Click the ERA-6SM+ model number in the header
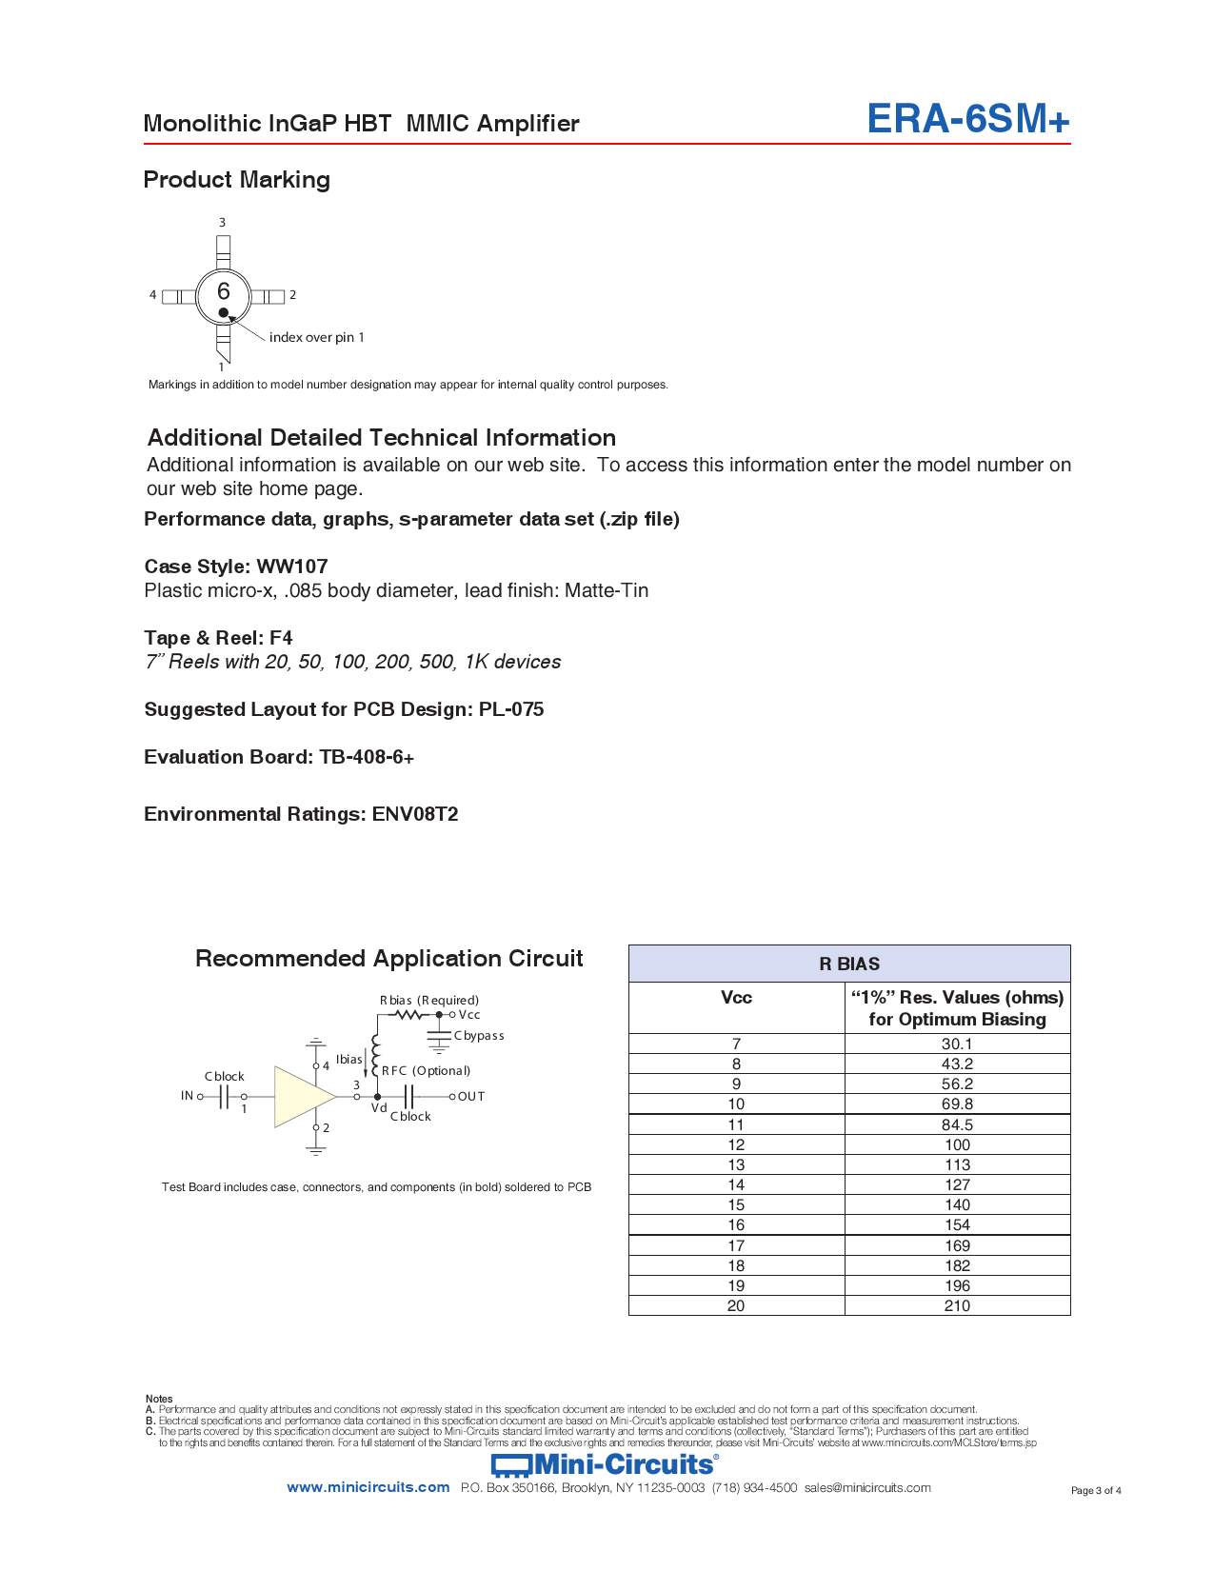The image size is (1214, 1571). click(x=967, y=119)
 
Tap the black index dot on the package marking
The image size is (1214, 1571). click(x=224, y=312)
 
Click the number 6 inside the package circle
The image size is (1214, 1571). click(x=224, y=291)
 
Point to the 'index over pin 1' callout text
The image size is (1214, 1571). click(x=316, y=337)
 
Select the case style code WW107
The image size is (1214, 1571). click(x=291, y=567)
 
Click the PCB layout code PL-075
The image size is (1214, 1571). click(x=511, y=709)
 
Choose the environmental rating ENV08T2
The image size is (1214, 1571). click(x=415, y=814)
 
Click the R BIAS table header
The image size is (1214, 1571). click(x=849, y=964)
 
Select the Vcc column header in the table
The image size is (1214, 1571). click(x=736, y=998)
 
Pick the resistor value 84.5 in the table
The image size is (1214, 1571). click(x=957, y=1124)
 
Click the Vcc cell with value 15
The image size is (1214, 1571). click(x=736, y=1204)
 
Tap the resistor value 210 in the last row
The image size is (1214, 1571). click(x=957, y=1305)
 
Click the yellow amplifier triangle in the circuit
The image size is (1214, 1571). click(x=300, y=1097)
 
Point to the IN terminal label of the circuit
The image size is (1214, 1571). click(x=187, y=1096)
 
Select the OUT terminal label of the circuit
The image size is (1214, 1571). click(x=471, y=1097)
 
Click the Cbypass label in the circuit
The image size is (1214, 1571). click(x=479, y=1036)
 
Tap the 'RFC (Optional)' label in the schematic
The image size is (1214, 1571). click(x=426, y=1071)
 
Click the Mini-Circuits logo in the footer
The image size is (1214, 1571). click(x=605, y=1464)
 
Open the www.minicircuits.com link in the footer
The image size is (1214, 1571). click(x=368, y=1487)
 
